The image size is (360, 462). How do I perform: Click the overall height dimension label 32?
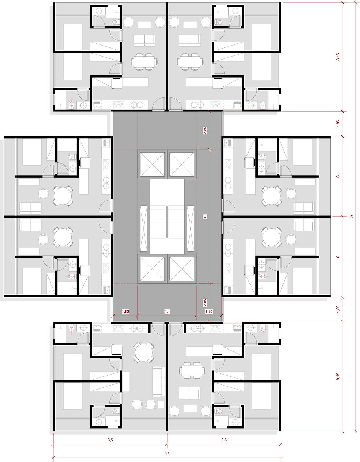(x=351, y=216)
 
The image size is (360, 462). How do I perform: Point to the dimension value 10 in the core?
(x=205, y=216)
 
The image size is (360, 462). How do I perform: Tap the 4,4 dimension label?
(x=167, y=311)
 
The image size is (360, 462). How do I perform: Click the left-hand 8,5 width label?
(x=110, y=440)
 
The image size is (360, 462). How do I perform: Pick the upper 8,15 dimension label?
(x=338, y=57)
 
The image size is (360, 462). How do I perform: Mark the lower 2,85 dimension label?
(x=205, y=302)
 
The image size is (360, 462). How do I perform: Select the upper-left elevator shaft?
(x=152, y=164)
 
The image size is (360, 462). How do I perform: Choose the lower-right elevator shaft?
(x=182, y=269)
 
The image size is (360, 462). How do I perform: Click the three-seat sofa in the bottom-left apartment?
(x=159, y=382)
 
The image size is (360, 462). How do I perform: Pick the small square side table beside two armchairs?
(x=161, y=404)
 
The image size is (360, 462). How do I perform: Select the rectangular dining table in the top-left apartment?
(x=144, y=62)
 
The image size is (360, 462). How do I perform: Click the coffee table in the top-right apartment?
(x=190, y=25)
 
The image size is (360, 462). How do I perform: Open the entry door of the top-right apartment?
(x=176, y=104)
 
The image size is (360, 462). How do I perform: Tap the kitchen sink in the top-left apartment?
(x=97, y=105)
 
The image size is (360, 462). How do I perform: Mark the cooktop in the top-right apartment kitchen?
(x=216, y=105)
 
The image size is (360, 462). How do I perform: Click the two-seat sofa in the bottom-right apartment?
(x=190, y=393)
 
